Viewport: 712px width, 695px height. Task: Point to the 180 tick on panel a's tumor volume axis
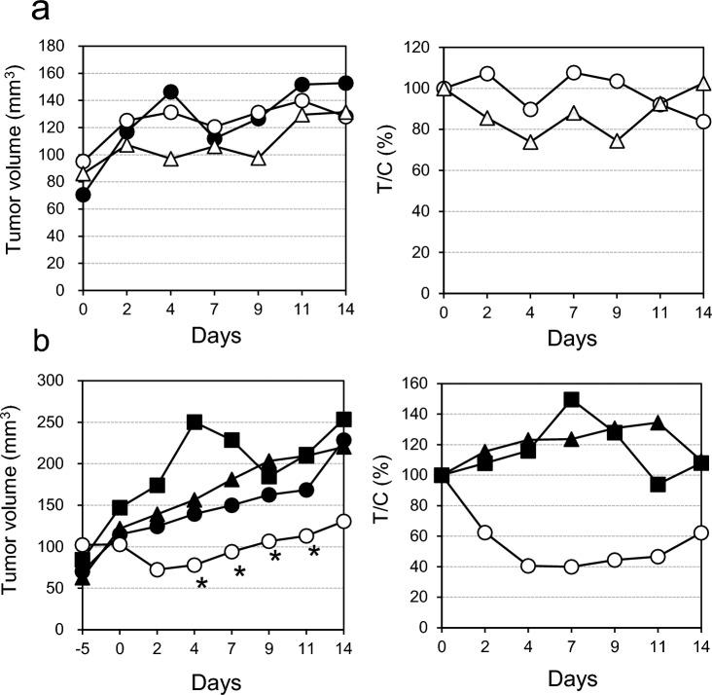pyautogui.click(x=57, y=46)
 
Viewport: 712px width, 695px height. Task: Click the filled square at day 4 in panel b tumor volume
pyautogui.click(x=195, y=422)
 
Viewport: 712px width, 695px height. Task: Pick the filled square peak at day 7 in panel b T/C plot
pyautogui.click(x=572, y=400)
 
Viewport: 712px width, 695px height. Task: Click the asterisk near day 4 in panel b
pyautogui.click(x=201, y=585)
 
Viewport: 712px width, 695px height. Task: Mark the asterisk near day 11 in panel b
pyautogui.click(x=314, y=553)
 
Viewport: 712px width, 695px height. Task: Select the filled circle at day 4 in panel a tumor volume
pyautogui.click(x=171, y=92)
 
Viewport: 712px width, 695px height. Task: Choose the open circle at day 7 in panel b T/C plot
pyautogui.click(x=572, y=567)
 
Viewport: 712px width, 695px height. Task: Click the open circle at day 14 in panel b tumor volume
pyautogui.click(x=344, y=521)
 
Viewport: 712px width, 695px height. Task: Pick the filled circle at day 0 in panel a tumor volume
pyautogui.click(x=84, y=195)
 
